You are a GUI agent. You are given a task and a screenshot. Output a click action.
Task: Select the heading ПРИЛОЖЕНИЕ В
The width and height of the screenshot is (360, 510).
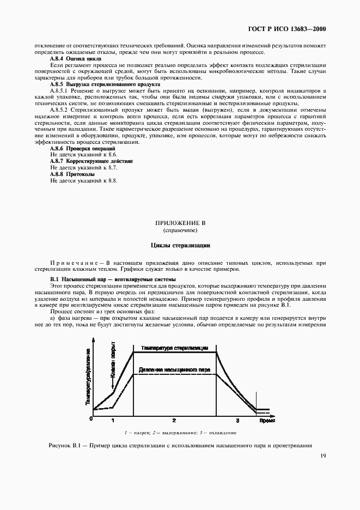point(180,223)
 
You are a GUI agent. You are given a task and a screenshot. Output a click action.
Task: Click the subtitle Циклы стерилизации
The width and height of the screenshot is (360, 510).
point(180,245)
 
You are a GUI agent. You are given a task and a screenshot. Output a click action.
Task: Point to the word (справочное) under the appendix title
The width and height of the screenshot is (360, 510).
point(180,230)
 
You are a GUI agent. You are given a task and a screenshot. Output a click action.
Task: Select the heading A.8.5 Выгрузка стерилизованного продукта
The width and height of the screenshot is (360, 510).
point(105,84)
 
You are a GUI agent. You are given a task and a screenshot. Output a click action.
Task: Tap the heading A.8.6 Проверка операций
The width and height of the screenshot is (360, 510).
point(82,148)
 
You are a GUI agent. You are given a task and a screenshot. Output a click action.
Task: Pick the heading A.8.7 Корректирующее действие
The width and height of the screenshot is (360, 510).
point(91,161)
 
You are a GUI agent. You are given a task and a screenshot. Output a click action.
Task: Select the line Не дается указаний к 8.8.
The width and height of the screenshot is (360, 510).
point(83,180)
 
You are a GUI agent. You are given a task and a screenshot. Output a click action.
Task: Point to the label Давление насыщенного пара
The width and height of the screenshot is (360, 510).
point(174,369)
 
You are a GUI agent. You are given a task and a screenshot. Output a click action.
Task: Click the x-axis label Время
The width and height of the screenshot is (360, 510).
point(266,421)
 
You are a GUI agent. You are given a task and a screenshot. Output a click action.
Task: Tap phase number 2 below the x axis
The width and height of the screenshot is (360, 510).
point(174,421)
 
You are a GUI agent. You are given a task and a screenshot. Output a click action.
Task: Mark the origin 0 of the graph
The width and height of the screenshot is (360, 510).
point(91,418)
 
